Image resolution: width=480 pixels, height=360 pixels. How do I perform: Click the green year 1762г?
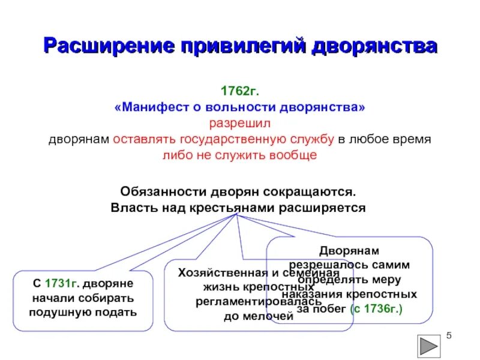point(240,92)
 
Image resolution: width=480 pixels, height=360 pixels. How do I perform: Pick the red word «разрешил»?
point(240,123)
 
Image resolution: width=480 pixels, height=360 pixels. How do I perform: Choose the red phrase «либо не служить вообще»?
point(239,154)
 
